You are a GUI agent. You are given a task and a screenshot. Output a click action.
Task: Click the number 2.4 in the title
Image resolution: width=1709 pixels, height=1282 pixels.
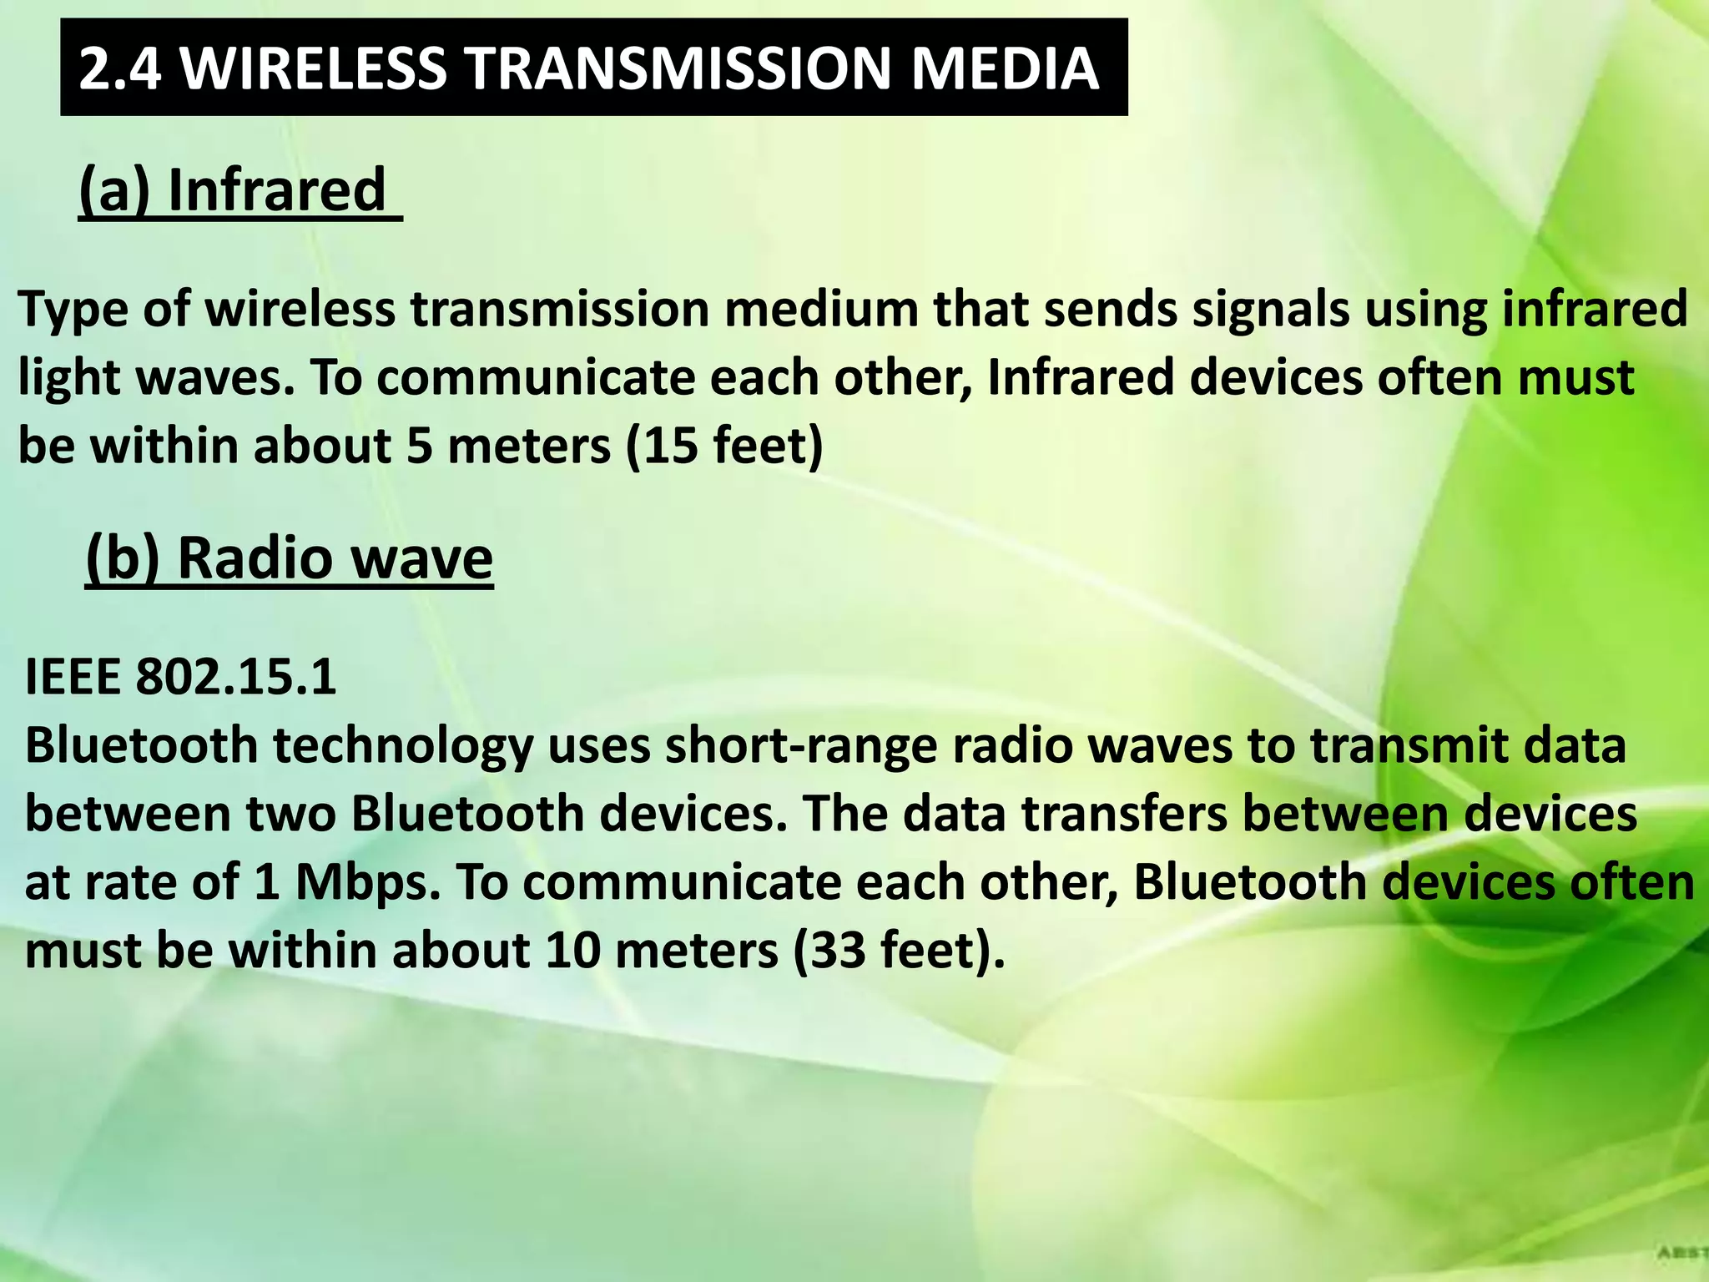point(119,68)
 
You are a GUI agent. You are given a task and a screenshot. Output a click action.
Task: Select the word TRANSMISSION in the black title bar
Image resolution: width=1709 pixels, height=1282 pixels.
point(678,68)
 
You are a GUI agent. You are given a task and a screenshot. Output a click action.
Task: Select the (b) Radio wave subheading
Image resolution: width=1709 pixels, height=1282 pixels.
point(290,558)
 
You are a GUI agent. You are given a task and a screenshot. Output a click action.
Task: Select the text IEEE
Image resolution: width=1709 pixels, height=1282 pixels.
point(73,676)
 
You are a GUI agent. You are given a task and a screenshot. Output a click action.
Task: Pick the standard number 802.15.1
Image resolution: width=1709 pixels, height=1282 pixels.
point(236,676)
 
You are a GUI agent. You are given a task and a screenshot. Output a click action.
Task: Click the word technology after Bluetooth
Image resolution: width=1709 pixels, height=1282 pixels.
point(403,746)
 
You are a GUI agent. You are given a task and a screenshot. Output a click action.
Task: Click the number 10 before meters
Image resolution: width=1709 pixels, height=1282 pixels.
point(572,951)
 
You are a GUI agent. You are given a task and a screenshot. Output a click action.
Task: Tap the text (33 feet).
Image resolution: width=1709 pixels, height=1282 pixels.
point(899,951)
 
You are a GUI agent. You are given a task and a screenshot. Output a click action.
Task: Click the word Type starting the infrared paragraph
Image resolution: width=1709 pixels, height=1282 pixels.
point(73,310)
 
